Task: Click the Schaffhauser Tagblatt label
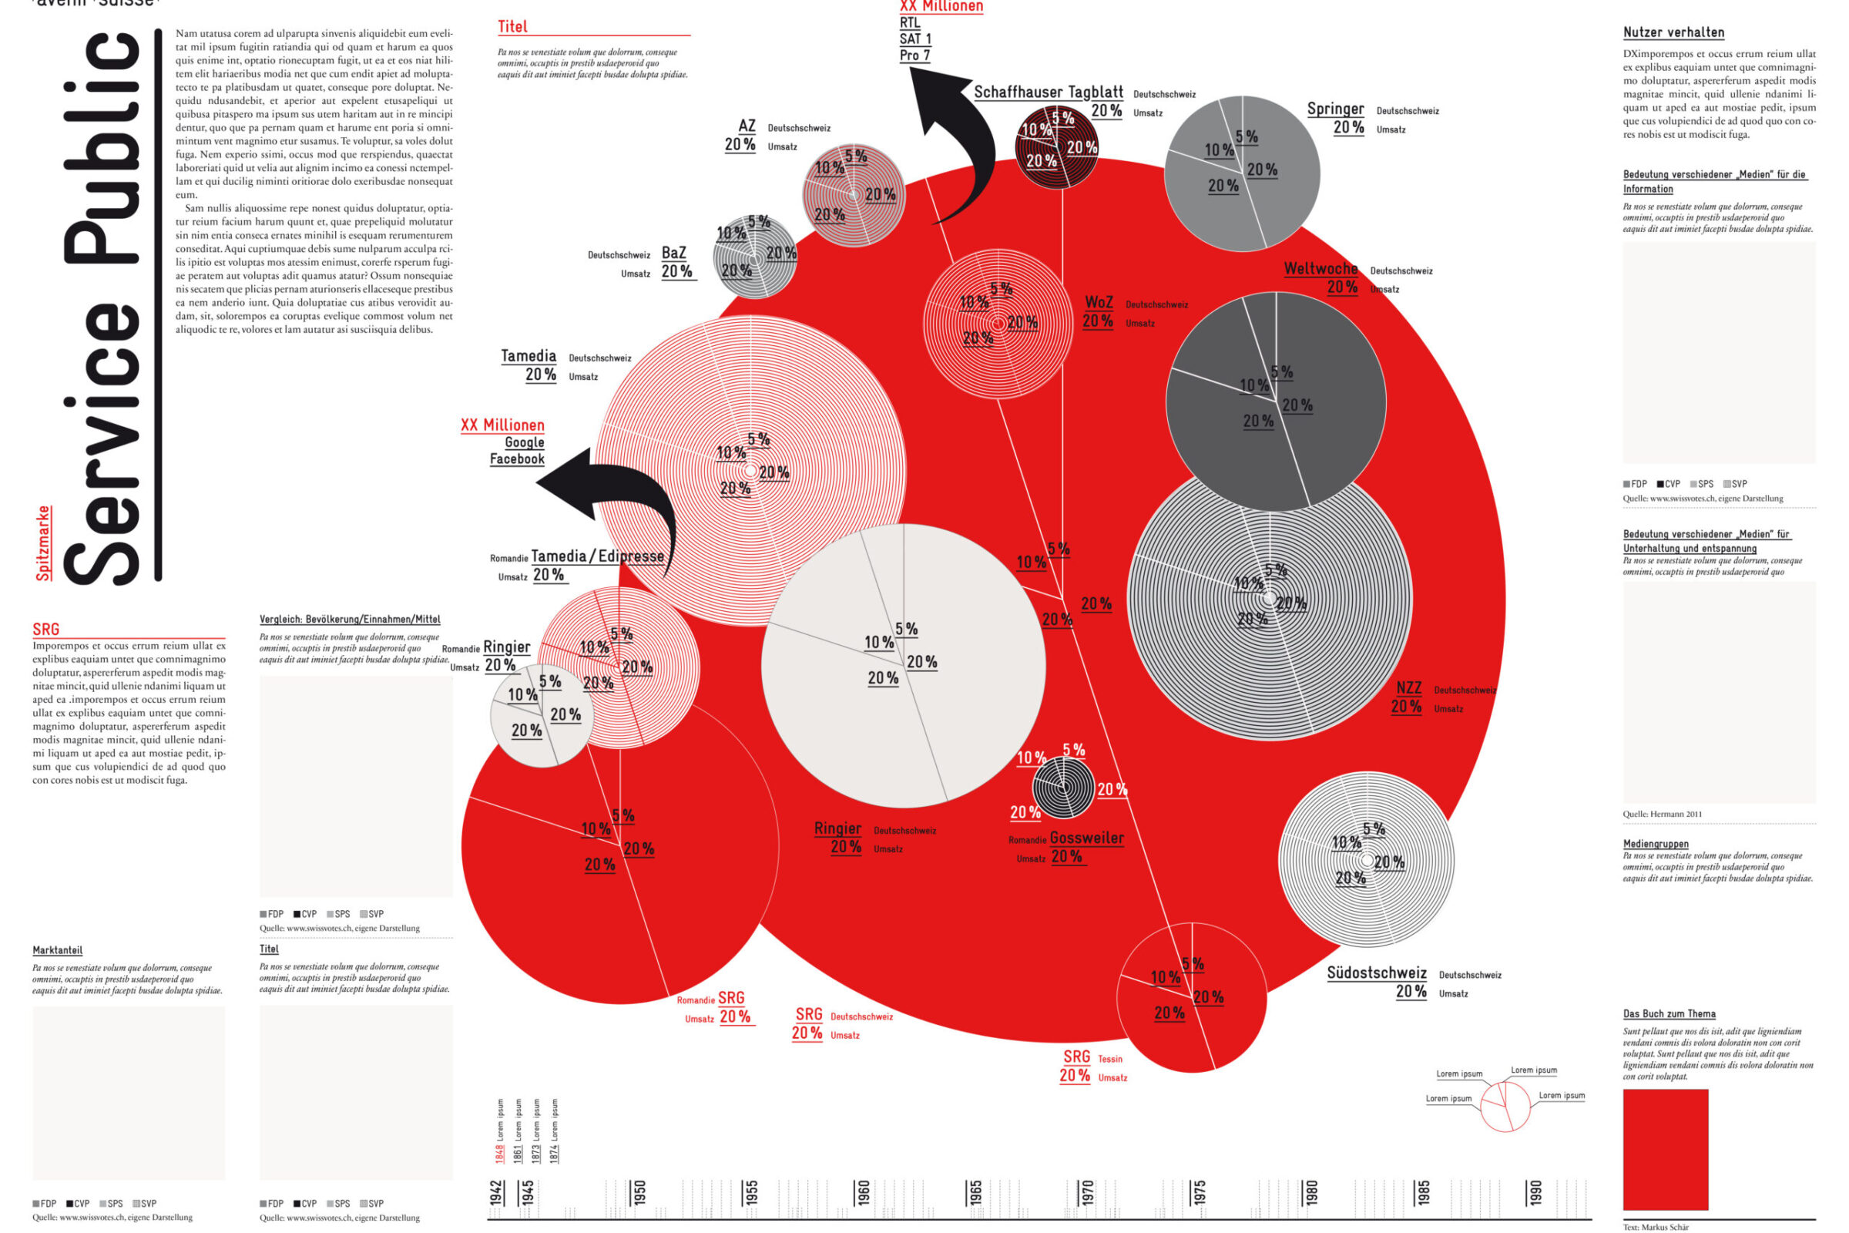point(1048,92)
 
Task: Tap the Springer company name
point(1335,109)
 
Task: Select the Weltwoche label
point(1320,269)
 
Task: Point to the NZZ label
point(1408,688)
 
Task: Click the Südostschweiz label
point(1376,973)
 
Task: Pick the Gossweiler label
point(1086,838)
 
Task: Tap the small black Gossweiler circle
point(1062,786)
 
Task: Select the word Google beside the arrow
point(525,442)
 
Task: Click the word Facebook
point(516,459)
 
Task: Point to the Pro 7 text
point(915,55)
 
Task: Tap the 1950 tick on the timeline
point(639,1192)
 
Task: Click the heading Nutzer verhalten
point(1673,32)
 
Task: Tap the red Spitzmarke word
point(43,543)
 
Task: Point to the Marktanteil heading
point(57,950)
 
